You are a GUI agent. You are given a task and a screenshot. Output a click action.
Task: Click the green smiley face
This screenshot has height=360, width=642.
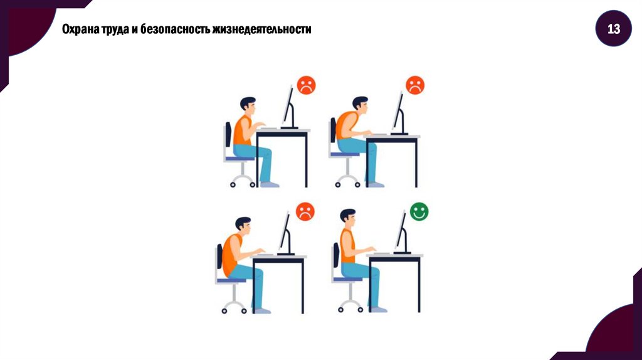coord(419,212)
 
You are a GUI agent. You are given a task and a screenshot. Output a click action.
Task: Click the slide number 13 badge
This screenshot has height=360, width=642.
coord(613,29)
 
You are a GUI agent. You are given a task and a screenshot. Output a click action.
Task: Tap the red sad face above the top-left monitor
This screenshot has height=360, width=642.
coord(306,85)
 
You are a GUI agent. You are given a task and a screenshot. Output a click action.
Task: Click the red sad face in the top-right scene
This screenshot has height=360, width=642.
coord(415,85)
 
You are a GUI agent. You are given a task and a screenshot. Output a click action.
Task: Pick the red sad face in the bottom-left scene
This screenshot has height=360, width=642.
coord(305,211)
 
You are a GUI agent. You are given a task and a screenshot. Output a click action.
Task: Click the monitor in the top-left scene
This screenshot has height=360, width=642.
coord(289,107)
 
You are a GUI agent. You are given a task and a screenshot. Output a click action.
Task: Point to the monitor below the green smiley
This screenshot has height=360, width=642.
coord(403,233)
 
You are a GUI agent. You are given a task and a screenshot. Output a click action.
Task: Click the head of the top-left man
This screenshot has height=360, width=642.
coord(248,105)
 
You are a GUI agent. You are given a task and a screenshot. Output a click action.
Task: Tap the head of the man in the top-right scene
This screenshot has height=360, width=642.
coord(360,105)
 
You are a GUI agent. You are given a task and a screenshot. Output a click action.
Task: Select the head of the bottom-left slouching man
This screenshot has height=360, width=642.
coord(243,226)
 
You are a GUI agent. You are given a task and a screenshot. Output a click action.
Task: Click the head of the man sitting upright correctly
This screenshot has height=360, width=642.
coord(348,218)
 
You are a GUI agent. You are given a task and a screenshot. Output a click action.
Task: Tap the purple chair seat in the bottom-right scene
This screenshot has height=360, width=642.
coord(347,279)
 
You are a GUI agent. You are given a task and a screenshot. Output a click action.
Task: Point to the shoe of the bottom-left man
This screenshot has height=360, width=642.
coord(262,311)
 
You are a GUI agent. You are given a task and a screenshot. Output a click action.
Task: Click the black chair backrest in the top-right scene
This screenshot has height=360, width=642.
coord(334,130)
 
